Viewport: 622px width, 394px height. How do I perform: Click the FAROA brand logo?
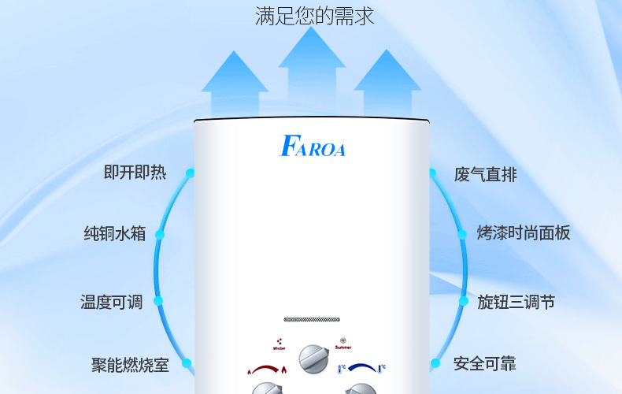point(312,147)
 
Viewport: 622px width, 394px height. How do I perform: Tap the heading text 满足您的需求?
point(314,16)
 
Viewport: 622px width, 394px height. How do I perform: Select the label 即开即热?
point(135,173)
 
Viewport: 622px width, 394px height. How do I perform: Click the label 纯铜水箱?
point(115,234)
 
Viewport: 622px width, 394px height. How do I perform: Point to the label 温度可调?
point(111,302)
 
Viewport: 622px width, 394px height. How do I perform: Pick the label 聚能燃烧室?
point(130,365)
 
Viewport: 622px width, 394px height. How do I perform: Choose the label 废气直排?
point(486,175)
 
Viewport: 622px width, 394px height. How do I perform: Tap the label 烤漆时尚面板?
point(523,233)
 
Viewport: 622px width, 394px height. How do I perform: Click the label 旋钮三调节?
point(516,302)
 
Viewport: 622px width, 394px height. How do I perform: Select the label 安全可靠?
point(485,364)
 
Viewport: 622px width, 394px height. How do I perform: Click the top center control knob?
point(312,359)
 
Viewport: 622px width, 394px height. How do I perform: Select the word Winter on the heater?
point(279,348)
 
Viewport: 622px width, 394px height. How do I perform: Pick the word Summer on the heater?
point(343,348)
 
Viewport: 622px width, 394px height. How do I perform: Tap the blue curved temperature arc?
point(361,367)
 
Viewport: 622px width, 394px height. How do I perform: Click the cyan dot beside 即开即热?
point(190,173)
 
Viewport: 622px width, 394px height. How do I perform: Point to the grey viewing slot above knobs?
point(312,320)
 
